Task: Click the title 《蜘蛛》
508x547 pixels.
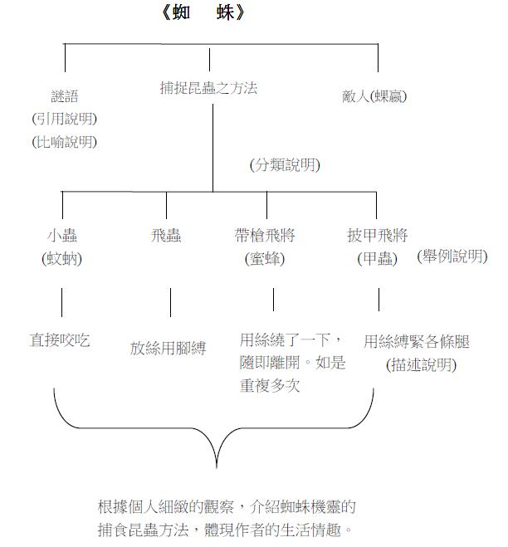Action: (x=203, y=13)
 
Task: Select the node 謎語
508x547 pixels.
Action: (x=65, y=96)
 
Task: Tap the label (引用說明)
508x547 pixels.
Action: (x=65, y=119)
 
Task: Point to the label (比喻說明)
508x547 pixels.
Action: (x=65, y=142)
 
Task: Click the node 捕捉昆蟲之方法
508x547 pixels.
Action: (x=208, y=88)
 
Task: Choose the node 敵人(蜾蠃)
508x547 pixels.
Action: (x=374, y=96)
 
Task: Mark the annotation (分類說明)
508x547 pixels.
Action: (x=285, y=164)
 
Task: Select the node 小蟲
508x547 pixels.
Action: (x=62, y=236)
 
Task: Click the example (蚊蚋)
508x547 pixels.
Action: (x=62, y=258)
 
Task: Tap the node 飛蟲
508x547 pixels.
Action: (x=166, y=236)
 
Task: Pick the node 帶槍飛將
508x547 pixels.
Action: (x=265, y=236)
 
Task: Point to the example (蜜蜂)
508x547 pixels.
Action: (x=265, y=258)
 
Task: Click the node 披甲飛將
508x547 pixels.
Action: (x=378, y=236)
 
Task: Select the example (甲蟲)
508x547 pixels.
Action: (x=378, y=258)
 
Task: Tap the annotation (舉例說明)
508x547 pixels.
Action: (x=452, y=256)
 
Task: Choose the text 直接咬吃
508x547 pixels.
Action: (x=60, y=340)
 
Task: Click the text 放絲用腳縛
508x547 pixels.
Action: (x=169, y=349)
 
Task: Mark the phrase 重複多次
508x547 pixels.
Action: (x=270, y=385)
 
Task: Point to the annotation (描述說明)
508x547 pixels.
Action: (x=422, y=365)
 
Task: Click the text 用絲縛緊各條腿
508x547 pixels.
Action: (x=417, y=341)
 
